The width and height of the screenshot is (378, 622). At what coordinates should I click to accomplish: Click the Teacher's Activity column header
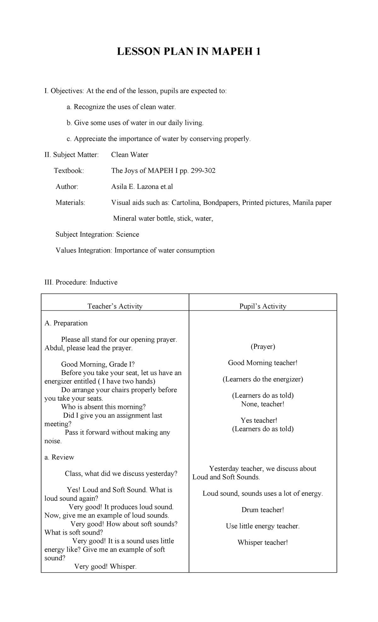pyautogui.click(x=115, y=306)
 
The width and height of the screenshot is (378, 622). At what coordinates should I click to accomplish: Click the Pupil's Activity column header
pyautogui.click(x=263, y=306)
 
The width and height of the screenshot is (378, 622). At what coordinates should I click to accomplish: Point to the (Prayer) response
pyautogui.click(x=263, y=347)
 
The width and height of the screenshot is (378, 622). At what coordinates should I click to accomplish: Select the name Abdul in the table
pyautogui.click(x=54, y=348)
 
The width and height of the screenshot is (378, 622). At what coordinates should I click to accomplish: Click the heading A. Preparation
pyautogui.click(x=66, y=323)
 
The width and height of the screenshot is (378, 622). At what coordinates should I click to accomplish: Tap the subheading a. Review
pyautogui.click(x=60, y=457)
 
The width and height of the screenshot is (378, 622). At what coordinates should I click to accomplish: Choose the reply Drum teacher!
pyautogui.click(x=263, y=510)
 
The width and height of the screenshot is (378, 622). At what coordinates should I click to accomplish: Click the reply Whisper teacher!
pyautogui.click(x=263, y=542)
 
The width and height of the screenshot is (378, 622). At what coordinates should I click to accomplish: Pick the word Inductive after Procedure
pyautogui.click(x=103, y=282)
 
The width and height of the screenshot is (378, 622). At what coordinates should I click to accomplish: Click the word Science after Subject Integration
pyautogui.click(x=128, y=235)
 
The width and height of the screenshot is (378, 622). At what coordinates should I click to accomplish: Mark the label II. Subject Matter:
pyautogui.click(x=72, y=155)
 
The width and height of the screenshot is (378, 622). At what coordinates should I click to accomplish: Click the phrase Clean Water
pyautogui.click(x=129, y=155)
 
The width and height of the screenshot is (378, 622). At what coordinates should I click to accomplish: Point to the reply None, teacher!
pyautogui.click(x=263, y=404)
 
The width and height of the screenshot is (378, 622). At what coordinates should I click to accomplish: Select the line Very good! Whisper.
pyautogui.click(x=105, y=567)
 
